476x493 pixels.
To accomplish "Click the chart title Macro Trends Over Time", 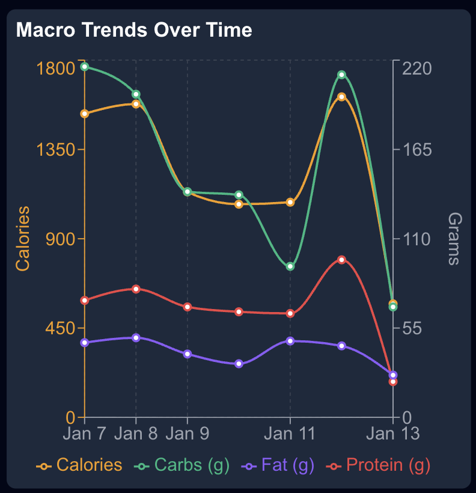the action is [134, 30].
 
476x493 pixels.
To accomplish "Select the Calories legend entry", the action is [79, 465].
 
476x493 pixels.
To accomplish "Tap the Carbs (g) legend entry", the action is [182, 465].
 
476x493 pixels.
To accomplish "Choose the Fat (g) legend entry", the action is [278, 465].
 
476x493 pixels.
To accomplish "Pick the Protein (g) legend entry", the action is [378, 465].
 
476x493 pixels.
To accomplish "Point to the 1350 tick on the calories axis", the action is [56, 149].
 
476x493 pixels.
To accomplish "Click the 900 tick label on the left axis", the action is [60, 239].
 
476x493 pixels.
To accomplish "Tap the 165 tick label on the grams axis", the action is [417, 149].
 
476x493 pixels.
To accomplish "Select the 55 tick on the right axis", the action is [412, 328].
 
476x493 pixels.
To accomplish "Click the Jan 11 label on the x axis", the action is [290, 434].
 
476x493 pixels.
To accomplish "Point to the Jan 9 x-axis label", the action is [188, 434].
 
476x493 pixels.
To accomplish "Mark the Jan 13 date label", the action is [392, 434].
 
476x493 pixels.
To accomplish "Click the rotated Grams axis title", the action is [454, 239].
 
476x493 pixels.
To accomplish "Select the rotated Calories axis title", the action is [23, 239].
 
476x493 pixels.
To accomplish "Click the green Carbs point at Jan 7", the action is [85, 67].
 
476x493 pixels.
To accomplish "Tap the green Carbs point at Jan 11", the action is [290, 266].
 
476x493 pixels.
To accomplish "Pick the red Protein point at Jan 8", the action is [136, 289].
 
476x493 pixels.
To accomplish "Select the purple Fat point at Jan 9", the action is [188, 354].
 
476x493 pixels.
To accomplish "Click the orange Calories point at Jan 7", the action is [85, 114].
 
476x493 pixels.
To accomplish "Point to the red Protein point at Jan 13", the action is [392, 382].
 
